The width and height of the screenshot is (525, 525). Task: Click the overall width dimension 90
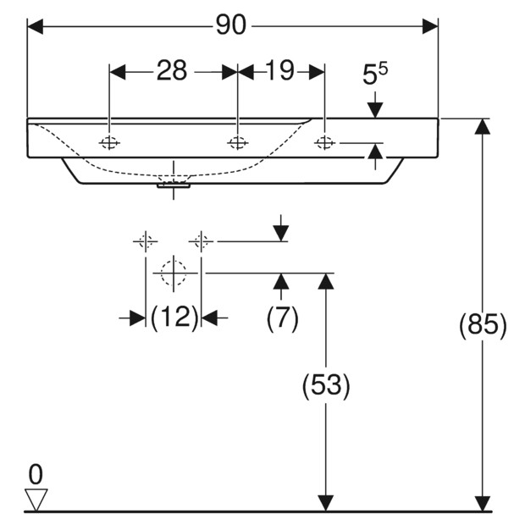(x=230, y=26)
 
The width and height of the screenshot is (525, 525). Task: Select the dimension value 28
(x=172, y=72)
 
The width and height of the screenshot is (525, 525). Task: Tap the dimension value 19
(x=279, y=72)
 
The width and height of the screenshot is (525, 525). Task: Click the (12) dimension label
(x=174, y=318)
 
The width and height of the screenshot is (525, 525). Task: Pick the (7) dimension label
(x=283, y=318)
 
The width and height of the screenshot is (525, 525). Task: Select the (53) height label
(x=326, y=386)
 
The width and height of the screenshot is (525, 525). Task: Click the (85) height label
(x=483, y=326)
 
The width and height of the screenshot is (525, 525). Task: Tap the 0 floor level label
(x=36, y=473)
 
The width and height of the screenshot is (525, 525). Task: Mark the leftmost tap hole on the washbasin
(x=110, y=142)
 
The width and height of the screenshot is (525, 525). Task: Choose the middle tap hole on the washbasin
(x=238, y=142)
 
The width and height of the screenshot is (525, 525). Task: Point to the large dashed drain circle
(x=174, y=273)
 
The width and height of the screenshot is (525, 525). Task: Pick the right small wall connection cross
(x=202, y=241)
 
